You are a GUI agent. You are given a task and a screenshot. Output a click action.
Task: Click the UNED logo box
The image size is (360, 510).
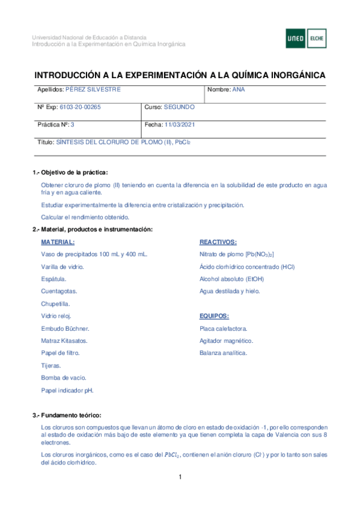click(x=296, y=38)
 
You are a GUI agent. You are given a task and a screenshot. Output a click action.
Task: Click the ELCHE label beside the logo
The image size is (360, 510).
click(x=317, y=38)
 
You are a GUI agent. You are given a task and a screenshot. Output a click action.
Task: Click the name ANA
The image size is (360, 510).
click(x=238, y=89)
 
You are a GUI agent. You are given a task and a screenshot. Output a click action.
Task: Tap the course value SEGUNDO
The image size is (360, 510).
click(x=179, y=107)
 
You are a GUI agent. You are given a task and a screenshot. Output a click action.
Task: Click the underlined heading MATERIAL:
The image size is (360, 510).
click(x=58, y=242)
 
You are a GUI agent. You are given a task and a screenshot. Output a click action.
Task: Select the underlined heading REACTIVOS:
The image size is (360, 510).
click(x=218, y=242)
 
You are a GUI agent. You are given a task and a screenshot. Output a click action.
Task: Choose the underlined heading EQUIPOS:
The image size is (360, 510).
click(x=214, y=316)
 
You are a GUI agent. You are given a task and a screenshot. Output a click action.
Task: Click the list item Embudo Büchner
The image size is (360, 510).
click(x=65, y=328)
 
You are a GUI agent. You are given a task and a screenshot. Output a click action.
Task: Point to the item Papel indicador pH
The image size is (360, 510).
click(x=67, y=390)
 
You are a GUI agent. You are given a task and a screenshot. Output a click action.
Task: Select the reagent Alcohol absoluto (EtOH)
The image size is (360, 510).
click(x=231, y=279)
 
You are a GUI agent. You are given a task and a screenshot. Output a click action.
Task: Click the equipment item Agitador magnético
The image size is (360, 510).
click(x=226, y=341)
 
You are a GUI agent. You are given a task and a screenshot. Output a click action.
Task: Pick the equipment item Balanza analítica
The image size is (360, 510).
click(x=223, y=353)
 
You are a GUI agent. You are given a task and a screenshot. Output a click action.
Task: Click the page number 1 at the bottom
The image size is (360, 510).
click(x=180, y=478)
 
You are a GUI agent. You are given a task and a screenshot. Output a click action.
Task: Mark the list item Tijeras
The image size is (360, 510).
click(x=50, y=366)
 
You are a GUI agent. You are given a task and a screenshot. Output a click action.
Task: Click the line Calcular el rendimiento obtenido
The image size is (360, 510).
click(x=85, y=217)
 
